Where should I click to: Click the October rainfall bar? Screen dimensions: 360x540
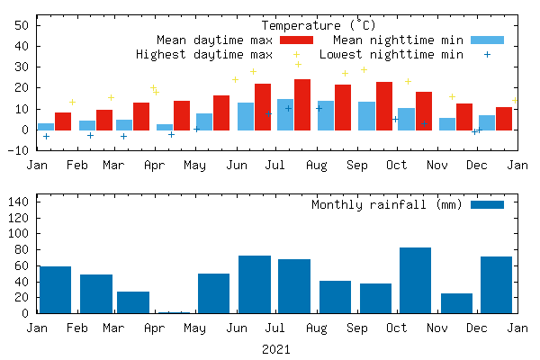coord(415,280)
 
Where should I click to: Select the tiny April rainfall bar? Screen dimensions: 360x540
coord(173,312)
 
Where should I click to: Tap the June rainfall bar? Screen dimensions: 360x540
coord(255,284)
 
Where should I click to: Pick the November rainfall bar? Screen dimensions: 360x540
coord(456,303)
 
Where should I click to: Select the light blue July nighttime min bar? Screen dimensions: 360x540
coord(285,114)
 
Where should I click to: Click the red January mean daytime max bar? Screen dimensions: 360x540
coord(63,121)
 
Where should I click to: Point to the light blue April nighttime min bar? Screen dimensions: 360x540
coord(165,127)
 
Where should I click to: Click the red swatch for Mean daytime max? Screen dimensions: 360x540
coord(296,40)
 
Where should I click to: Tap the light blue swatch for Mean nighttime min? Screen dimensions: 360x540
coord(487,40)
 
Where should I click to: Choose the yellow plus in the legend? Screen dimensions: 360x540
coord(296,55)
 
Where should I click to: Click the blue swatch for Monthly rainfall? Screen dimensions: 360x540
coord(487,204)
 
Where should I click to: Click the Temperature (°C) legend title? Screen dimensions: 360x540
coord(319,25)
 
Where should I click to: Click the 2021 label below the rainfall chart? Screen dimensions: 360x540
coord(276,348)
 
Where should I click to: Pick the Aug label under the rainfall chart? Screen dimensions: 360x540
coord(316,328)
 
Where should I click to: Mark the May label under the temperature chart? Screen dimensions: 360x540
coord(194,165)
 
